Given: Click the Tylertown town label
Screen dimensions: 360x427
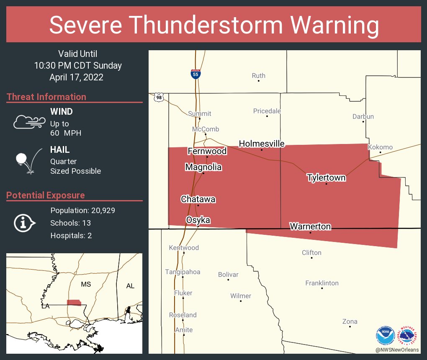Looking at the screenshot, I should (x=326, y=177).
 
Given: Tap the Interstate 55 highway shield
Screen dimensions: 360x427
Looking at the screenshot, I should (x=195, y=74).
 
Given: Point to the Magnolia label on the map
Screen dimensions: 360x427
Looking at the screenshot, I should (x=203, y=167).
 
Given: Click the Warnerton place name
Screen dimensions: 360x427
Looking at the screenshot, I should (x=310, y=226).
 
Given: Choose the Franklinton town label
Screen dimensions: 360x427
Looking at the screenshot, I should (x=322, y=283).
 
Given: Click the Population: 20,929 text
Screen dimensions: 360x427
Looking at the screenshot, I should (x=82, y=210).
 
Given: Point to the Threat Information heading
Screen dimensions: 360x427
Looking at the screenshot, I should (x=46, y=97).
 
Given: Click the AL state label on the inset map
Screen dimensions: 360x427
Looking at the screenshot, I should (x=130, y=285).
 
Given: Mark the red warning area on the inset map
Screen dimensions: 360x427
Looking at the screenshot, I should (x=74, y=302).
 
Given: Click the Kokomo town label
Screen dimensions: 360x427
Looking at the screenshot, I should (x=380, y=147).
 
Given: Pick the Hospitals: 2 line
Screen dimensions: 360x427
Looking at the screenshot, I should (x=71, y=235).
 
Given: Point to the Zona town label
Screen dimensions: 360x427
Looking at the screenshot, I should (x=350, y=321).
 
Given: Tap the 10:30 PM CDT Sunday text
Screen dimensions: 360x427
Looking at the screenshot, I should (x=78, y=65).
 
